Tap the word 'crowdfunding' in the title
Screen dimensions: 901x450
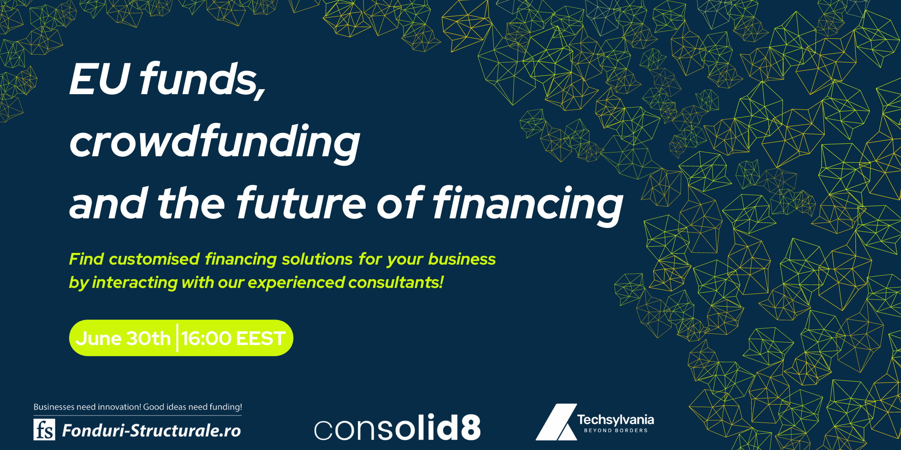215,142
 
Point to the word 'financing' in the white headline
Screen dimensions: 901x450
528,205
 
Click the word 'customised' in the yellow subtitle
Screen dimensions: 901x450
154,259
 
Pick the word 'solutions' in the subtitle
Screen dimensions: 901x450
317,259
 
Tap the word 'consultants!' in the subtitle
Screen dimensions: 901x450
396,282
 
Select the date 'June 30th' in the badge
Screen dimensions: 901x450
123,338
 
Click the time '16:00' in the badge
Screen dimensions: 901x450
206,338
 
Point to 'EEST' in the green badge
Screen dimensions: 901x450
261,338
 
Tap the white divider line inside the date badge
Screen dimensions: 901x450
177,338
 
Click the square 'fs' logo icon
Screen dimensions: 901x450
44,430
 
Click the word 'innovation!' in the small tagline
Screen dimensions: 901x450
120,407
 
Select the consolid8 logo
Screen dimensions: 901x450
397,427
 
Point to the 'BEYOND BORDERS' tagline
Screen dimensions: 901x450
616,430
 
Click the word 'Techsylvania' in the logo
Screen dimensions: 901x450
616,420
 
